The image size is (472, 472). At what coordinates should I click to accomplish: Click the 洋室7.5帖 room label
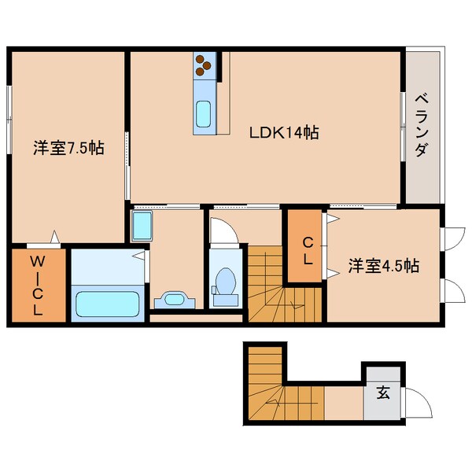tap(69, 147)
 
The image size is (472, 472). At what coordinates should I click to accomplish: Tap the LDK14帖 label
tap(284, 133)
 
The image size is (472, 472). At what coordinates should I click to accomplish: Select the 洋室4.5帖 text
tap(383, 265)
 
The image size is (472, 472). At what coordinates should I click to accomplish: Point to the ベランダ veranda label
tap(421, 125)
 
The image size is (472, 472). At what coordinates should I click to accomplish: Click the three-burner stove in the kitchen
tap(204, 65)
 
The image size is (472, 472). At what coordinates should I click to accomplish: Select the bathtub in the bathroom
tap(106, 303)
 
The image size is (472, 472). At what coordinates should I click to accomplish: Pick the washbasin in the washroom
tap(175, 298)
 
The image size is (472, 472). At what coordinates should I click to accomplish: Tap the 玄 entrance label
tap(382, 391)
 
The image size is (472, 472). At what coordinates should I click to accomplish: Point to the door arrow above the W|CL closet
tap(54, 235)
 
